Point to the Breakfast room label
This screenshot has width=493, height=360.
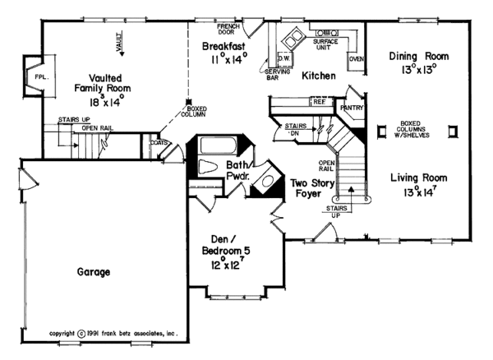225,47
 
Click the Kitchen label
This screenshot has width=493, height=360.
317,76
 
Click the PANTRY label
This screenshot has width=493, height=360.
352,106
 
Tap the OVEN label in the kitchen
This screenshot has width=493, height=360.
356,58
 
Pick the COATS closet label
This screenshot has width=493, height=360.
159,141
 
